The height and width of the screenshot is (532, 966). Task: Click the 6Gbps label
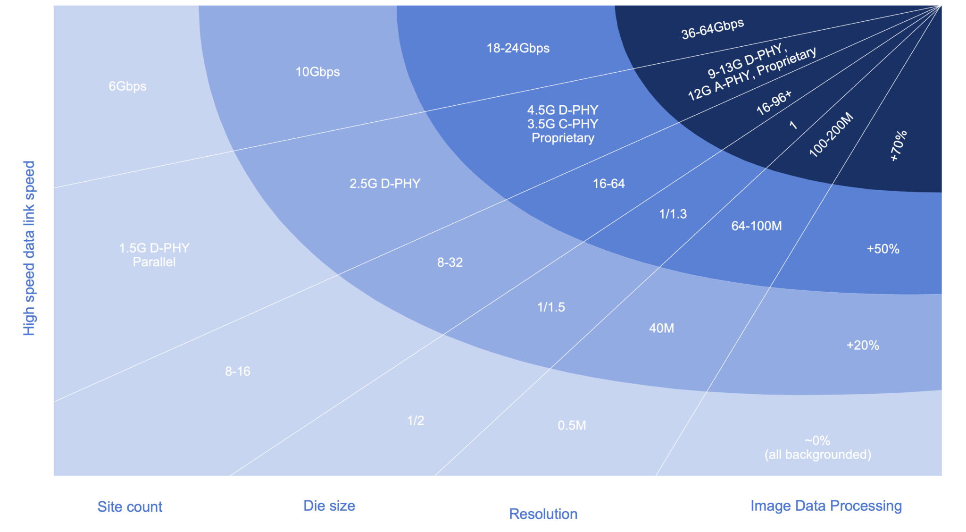127,86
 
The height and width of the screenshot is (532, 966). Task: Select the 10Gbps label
317,72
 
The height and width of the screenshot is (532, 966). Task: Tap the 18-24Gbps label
518,48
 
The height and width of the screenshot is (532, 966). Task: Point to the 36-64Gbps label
712,29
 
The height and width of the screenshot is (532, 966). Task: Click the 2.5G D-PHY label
385,184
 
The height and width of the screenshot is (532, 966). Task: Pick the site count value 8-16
238,372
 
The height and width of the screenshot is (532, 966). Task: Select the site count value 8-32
450,262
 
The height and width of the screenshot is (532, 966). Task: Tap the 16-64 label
608,184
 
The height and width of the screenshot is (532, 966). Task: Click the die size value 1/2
416,421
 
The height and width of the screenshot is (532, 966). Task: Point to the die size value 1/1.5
551,307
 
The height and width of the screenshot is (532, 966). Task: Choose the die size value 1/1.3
673,214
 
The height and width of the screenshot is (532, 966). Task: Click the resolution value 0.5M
572,425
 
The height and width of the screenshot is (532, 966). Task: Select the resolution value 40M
661,328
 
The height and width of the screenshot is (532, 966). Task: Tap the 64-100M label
757,226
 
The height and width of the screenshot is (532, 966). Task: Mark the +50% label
883,249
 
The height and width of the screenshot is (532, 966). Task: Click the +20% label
863,346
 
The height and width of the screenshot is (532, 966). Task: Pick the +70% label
898,146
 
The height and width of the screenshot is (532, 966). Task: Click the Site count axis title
130,507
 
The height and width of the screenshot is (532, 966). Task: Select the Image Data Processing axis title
826,506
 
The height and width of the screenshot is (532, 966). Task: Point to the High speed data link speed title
29,248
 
